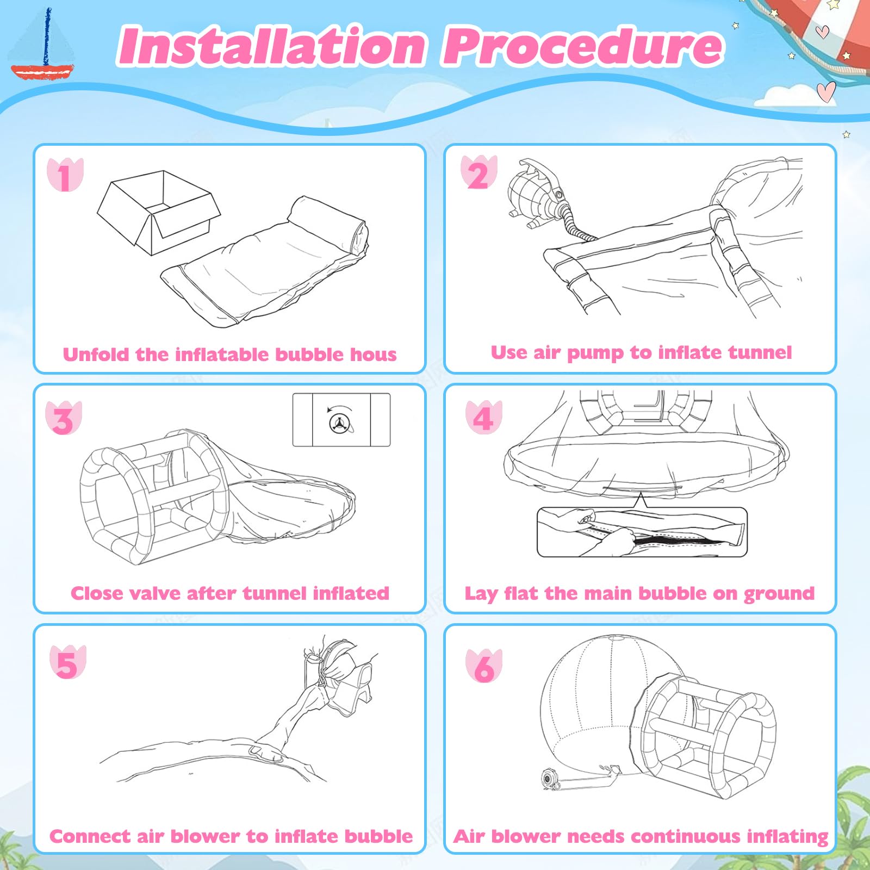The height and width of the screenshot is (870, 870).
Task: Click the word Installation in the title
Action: click(271, 46)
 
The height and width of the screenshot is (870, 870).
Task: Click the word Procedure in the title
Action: click(583, 46)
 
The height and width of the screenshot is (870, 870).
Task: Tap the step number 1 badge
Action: click(65, 175)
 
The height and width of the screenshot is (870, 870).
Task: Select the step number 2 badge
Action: click(479, 173)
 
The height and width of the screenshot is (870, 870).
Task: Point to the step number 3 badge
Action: click(64, 418)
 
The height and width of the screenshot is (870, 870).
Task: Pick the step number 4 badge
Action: click(483, 417)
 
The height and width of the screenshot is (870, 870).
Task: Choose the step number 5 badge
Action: click(67, 662)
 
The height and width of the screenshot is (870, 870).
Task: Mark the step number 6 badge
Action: click(484, 666)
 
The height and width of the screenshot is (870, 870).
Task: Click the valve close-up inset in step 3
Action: click(341, 420)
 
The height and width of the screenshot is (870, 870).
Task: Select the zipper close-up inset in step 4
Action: click(642, 532)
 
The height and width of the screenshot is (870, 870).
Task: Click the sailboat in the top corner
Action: click(42, 46)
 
